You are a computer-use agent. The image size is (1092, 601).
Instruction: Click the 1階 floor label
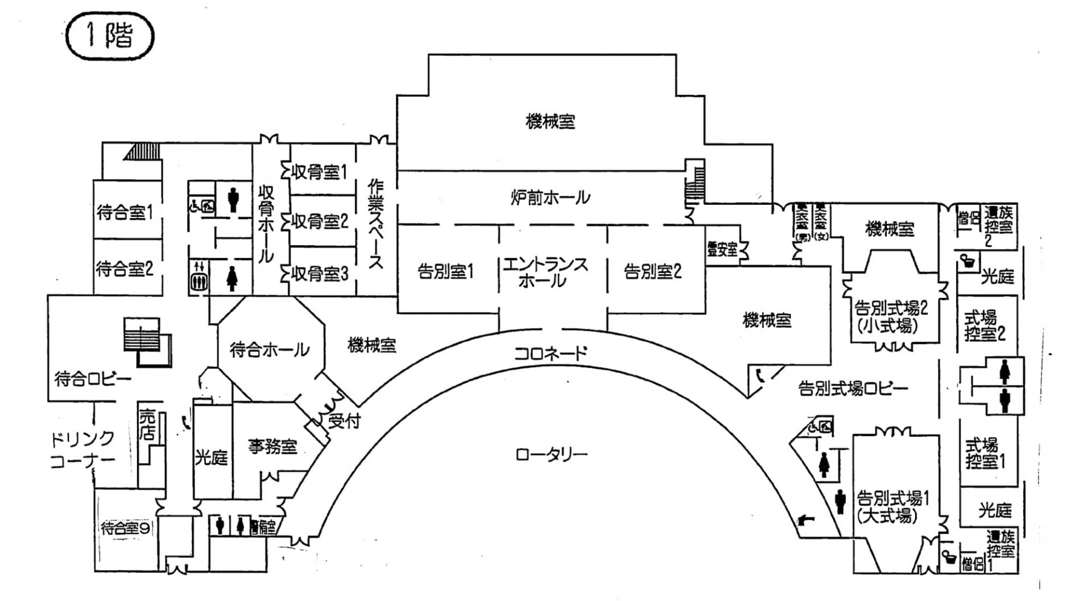(x=110, y=37)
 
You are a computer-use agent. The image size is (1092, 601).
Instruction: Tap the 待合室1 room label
(x=125, y=213)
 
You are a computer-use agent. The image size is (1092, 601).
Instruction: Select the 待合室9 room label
(x=126, y=529)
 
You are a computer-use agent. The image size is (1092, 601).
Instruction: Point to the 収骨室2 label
(x=319, y=221)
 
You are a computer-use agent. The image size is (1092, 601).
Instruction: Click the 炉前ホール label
(x=549, y=197)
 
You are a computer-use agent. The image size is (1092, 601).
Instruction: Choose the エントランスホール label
(x=544, y=272)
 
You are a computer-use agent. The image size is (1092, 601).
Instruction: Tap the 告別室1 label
(x=446, y=272)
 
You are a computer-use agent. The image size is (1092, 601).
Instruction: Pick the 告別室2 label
(x=652, y=271)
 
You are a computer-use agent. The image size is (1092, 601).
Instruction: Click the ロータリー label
(x=551, y=455)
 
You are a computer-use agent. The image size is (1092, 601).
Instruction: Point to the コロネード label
(x=550, y=353)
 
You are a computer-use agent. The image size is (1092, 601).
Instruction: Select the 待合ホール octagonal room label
(x=270, y=349)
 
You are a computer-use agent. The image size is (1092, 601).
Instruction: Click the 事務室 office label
(x=273, y=447)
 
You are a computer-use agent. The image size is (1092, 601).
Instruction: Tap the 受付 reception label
(x=344, y=422)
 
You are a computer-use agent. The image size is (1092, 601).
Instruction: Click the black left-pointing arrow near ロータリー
(x=806, y=518)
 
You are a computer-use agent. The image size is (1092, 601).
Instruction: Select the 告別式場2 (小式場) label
(x=891, y=317)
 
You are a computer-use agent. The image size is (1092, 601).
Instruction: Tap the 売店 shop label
(x=147, y=423)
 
